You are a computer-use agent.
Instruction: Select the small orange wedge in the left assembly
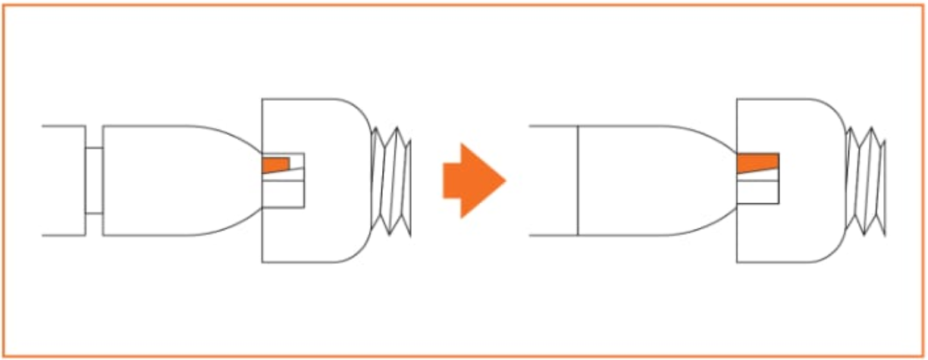tap(275, 164)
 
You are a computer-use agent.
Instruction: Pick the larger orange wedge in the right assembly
tap(757, 161)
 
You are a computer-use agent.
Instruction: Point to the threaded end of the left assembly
tap(391, 180)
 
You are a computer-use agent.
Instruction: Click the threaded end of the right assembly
tap(866, 180)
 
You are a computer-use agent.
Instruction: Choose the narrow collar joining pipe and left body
tap(94, 180)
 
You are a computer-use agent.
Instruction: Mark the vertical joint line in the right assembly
tap(578, 180)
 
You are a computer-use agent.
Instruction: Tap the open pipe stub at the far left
tap(63, 180)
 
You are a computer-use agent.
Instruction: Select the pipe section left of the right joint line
tap(553, 180)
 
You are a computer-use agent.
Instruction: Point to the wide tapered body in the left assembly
tap(174, 180)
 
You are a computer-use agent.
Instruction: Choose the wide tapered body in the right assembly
tap(652, 180)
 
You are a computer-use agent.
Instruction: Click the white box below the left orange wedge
tap(283, 196)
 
